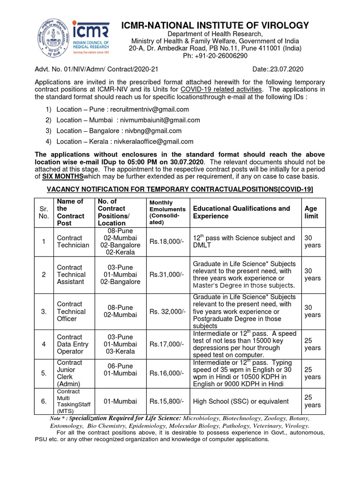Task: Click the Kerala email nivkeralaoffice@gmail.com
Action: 156,142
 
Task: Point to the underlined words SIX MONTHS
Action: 63,176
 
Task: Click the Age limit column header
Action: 311,212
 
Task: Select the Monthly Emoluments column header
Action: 167,212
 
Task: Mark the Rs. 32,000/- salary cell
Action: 167,312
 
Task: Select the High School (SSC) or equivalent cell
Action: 241,401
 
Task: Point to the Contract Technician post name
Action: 73,242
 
